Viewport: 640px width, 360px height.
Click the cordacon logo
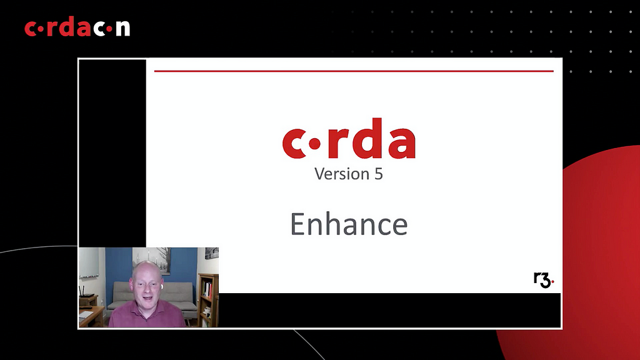77,27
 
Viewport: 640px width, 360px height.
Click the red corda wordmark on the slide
349,138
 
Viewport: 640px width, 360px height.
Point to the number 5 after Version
378,174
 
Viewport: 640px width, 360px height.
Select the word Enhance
349,224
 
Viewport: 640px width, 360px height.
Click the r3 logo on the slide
544,280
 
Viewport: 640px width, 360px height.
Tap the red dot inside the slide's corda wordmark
314,144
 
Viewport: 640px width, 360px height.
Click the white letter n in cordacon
122,29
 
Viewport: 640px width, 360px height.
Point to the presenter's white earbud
162,286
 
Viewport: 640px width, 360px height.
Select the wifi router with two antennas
86,292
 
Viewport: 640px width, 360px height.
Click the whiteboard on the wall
89,263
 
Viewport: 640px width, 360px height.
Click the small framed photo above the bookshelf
211,254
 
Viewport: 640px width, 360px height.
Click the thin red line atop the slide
354,71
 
